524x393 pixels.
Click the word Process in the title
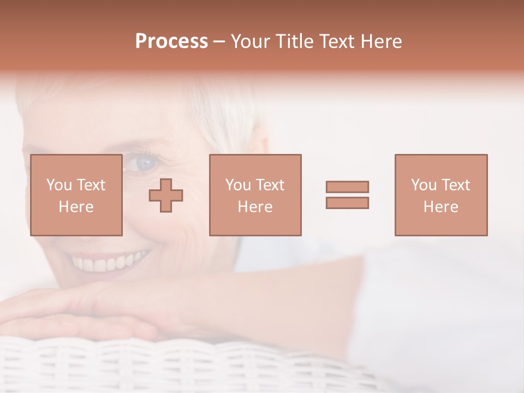pyautogui.click(x=171, y=41)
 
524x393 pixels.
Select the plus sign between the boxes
pyautogui.click(x=166, y=195)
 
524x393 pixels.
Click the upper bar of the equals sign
pyautogui.click(x=347, y=187)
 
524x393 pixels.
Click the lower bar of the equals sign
pyautogui.click(x=347, y=203)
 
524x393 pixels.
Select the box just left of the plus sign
pyautogui.click(x=76, y=195)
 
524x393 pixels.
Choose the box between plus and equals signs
pyautogui.click(x=255, y=195)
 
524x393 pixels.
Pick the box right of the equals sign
pyautogui.click(x=440, y=195)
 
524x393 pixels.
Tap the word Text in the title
pyautogui.click(x=334, y=41)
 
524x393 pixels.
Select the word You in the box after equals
pyautogui.click(x=424, y=185)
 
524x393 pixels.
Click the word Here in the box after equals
pyautogui.click(x=440, y=207)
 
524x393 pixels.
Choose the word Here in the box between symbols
pyautogui.click(x=255, y=207)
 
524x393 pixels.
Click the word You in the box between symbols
pyautogui.click(x=238, y=185)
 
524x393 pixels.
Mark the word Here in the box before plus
pyautogui.click(x=76, y=207)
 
